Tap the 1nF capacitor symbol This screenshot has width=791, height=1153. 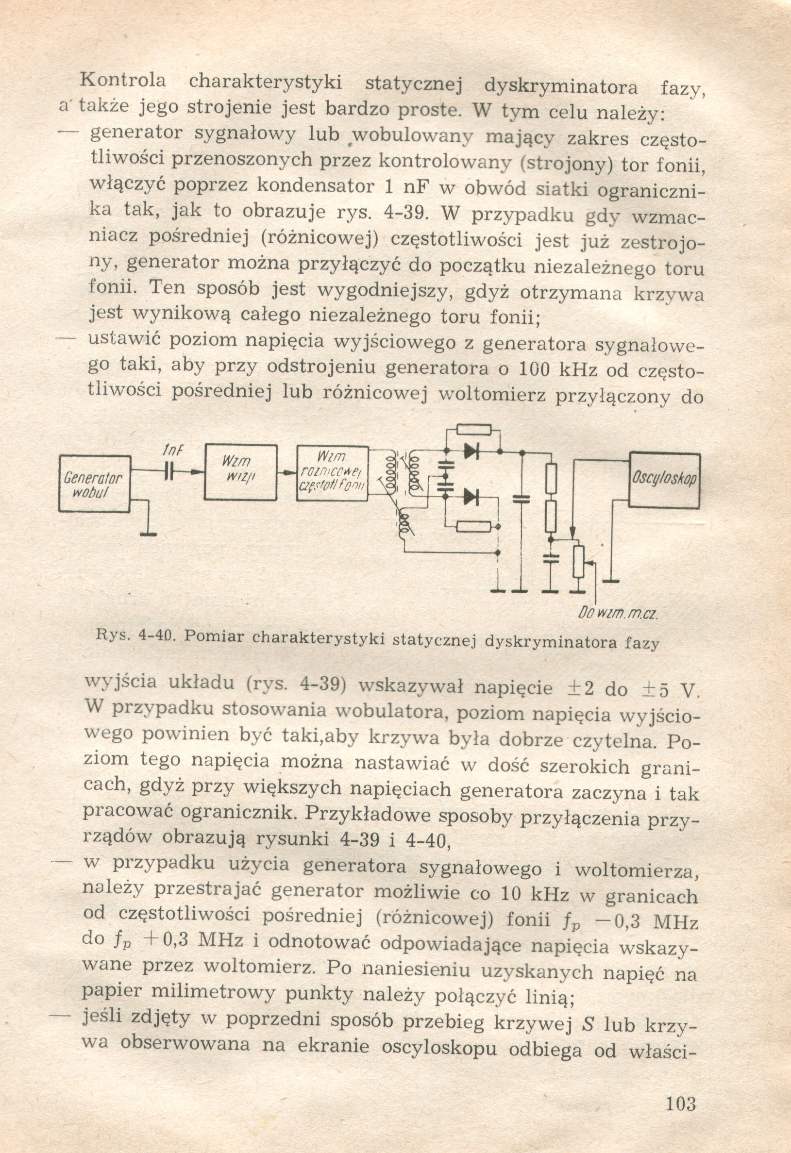tap(170, 472)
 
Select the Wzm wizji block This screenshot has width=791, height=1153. tap(241, 472)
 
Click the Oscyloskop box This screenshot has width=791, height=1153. tap(664, 479)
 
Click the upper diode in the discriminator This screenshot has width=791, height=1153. tap(471, 451)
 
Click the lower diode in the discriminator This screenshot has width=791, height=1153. tap(471, 496)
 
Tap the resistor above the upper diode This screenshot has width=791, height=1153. tap(474, 430)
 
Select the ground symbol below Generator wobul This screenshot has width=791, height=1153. tap(148, 534)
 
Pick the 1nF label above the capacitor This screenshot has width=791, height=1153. tap(172, 450)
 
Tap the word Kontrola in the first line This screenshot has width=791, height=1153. tap(123, 80)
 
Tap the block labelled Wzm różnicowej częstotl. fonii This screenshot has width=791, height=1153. tap(333, 473)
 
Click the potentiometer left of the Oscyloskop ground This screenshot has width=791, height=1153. tap(579, 562)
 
